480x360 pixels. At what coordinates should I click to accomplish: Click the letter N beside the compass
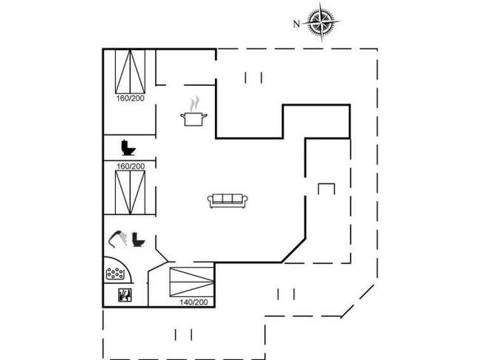click(296, 24)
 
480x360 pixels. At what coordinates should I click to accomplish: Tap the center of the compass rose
click(321, 21)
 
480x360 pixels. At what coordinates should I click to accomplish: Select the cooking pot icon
click(193, 119)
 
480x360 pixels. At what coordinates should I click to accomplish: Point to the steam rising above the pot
click(194, 104)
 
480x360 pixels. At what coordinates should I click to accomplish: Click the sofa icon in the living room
click(227, 200)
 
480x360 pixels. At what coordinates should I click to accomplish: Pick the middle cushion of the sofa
click(227, 199)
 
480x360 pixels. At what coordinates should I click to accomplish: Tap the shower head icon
click(118, 239)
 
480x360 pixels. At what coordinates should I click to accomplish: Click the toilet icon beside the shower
click(139, 240)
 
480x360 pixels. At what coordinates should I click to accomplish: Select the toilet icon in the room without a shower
click(128, 148)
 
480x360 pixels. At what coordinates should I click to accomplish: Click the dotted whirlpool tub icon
click(115, 274)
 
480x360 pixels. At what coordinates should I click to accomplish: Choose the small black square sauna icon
click(125, 295)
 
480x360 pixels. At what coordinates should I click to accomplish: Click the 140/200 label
click(193, 302)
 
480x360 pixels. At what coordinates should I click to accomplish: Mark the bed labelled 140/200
click(192, 282)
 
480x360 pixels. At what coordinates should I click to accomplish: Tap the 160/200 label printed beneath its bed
click(131, 98)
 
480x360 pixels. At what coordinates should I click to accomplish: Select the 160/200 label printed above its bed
click(131, 166)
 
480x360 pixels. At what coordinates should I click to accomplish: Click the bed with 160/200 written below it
click(130, 72)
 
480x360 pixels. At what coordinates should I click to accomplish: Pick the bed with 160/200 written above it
click(130, 192)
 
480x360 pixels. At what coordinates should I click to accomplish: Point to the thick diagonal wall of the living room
click(293, 250)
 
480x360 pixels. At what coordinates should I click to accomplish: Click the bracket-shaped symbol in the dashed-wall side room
click(326, 189)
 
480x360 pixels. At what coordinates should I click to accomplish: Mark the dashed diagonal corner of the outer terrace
click(357, 301)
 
